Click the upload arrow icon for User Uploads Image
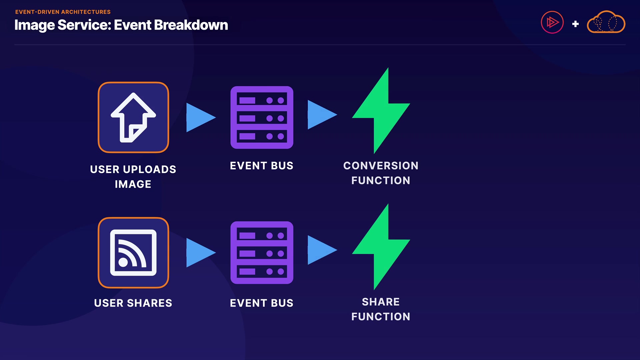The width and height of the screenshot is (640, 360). tap(133, 117)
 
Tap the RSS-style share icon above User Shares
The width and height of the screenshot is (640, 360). tap(133, 253)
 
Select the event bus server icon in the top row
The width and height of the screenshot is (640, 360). tap(262, 117)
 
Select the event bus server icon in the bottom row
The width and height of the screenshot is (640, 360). tap(262, 253)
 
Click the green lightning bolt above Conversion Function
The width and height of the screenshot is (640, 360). tap(381, 111)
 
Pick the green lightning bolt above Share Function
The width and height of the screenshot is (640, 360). tap(381, 247)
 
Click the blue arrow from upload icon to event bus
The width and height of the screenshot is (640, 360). tap(201, 117)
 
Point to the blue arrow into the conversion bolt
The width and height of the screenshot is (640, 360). tap(322, 115)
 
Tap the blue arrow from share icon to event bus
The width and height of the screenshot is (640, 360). tap(201, 253)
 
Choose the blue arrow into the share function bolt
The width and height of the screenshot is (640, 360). tap(322, 250)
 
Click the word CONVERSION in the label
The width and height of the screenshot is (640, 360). tap(381, 166)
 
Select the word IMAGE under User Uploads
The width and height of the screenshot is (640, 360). tap(133, 184)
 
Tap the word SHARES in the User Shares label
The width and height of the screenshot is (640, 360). tap(150, 303)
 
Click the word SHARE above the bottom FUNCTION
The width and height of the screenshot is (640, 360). tap(381, 302)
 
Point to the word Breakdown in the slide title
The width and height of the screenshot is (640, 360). tap(191, 25)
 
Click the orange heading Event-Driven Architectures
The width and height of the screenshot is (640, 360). tap(63, 12)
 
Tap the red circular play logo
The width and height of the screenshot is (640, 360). tap(552, 22)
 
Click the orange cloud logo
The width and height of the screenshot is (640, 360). tap(606, 22)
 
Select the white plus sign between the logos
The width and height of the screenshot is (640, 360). tap(575, 24)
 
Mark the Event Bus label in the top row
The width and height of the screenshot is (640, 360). tap(262, 166)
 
